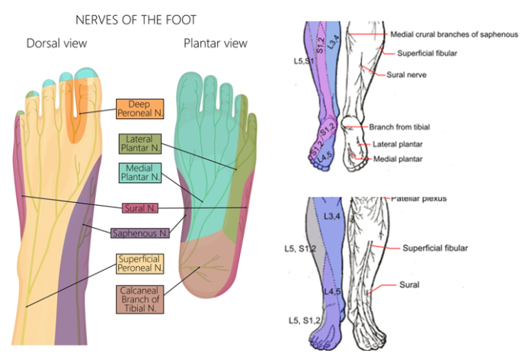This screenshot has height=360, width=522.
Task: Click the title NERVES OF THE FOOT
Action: click(x=136, y=18)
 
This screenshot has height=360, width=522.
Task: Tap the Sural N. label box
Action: click(x=140, y=207)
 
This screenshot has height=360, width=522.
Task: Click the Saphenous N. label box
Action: click(x=140, y=233)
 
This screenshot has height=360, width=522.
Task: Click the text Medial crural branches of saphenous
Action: click(x=453, y=34)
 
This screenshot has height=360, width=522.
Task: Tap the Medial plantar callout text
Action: click(x=398, y=159)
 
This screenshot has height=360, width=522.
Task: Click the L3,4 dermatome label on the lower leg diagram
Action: click(x=334, y=218)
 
